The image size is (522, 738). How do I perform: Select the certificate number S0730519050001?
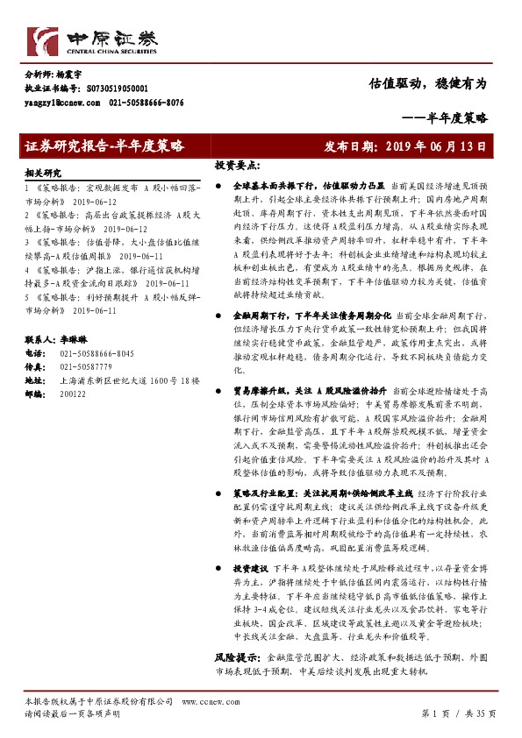[x=117, y=89]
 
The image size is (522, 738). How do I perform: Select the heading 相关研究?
[x=44, y=174]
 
